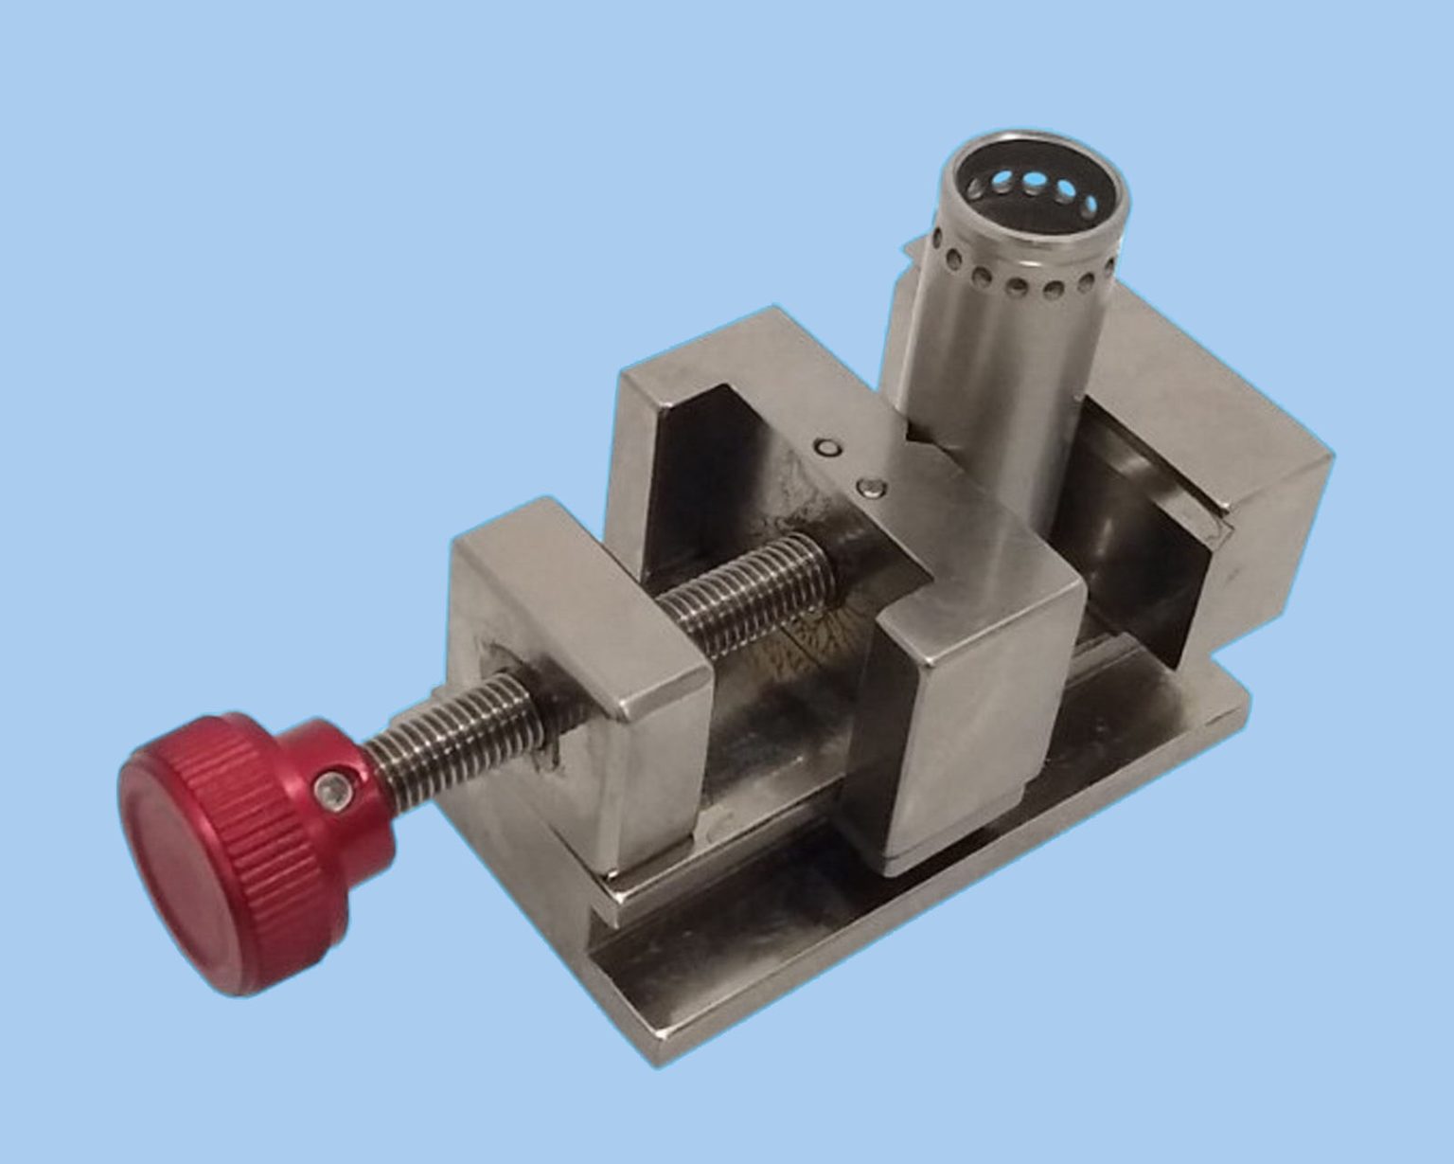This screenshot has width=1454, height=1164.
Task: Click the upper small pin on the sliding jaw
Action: tap(829, 448)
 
